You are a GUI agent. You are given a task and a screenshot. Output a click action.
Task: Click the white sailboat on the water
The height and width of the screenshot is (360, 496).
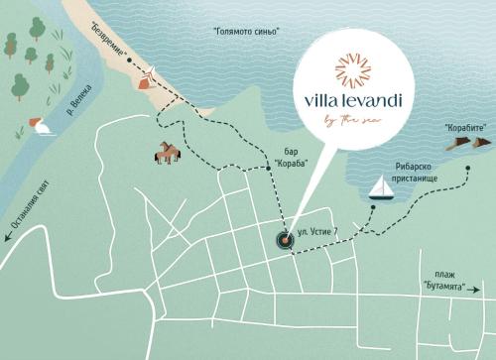click(378, 187)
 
